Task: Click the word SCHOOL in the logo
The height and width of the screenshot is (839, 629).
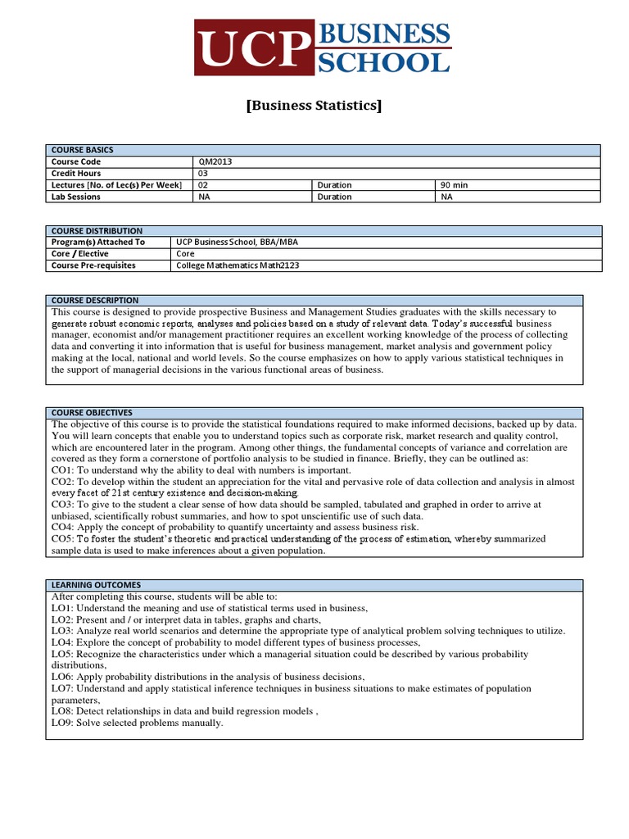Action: (383, 62)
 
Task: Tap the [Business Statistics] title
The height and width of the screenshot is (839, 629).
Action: (314, 106)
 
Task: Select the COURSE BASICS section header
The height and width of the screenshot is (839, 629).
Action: (82, 150)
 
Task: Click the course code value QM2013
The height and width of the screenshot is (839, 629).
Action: (216, 162)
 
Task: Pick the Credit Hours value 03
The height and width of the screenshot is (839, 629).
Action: (205, 174)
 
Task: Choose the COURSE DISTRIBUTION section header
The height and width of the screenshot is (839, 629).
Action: (97, 231)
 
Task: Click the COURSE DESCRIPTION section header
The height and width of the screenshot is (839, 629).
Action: (95, 301)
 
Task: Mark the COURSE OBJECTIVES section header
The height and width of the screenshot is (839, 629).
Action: (92, 412)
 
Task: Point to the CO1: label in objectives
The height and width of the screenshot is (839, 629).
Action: (64, 470)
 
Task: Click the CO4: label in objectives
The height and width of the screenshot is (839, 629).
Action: (64, 528)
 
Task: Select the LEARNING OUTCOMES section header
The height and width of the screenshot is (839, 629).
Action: (96, 585)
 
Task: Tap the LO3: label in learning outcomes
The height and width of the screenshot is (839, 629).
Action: (62, 631)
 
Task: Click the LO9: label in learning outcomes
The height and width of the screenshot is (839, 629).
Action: (62, 723)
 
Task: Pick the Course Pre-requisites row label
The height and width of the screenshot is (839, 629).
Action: (93, 265)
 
